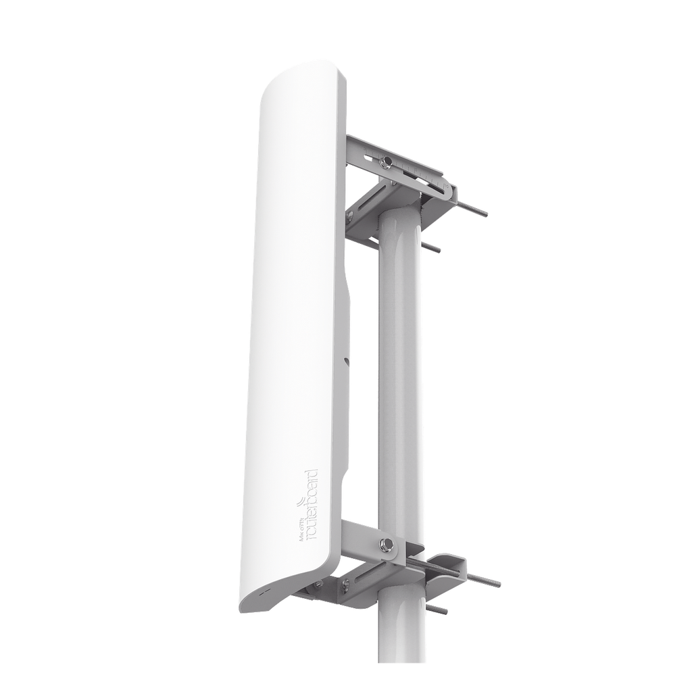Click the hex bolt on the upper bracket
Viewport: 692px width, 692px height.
click(x=387, y=162)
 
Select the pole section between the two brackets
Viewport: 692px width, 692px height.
click(x=399, y=372)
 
